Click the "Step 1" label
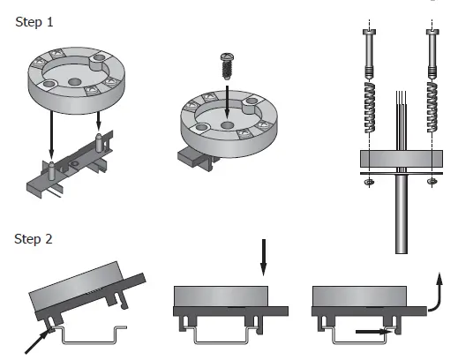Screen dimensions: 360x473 [x=34, y=21]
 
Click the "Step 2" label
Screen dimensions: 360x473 [x=34, y=239]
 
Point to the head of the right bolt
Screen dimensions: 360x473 [x=432, y=33]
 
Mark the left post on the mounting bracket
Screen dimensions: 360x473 [x=51, y=168]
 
